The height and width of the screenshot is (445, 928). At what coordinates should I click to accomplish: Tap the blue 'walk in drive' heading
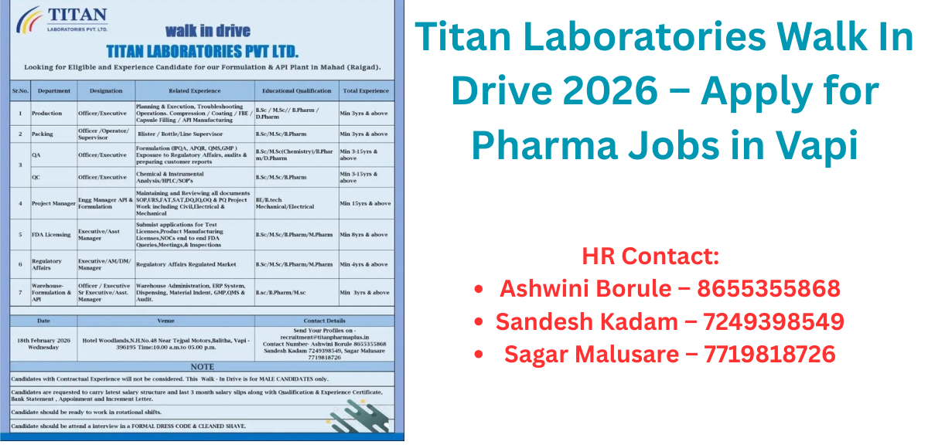tap(207, 31)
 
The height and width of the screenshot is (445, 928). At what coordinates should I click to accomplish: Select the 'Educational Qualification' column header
tap(296, 91)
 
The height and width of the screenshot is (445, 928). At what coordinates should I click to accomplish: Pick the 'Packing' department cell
tap(43, 134)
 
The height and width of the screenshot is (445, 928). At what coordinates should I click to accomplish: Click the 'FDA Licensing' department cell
tap(51, 234)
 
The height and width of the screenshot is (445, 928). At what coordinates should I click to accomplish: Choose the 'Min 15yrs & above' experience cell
tap(366, 203)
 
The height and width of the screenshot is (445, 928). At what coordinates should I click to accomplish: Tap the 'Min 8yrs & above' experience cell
tap(364, 234)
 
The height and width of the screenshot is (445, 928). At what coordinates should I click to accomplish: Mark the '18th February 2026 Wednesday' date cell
tap(43, 343)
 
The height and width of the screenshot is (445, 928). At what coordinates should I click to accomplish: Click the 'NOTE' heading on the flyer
tap(202, 366)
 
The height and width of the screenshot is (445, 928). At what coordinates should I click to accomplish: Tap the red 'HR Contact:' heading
tap(650, 255)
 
